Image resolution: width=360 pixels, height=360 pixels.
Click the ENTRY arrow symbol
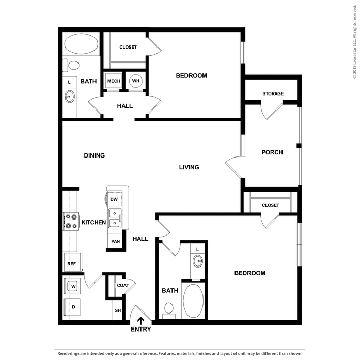[140, 321]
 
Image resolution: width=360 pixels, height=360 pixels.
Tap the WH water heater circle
[136, 81]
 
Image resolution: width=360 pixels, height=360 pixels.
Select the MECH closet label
[114, 81]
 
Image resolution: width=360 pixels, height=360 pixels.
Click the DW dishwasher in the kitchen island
[114, 199]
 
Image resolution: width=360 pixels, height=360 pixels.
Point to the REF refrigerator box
[72, 262]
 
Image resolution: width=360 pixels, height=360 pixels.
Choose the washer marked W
[72, 286]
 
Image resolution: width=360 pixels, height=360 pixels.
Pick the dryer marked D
[72, 307]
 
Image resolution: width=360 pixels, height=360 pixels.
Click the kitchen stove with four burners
[71, 222]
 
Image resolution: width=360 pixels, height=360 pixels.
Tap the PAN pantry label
[116, 241]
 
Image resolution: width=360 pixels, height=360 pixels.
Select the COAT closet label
[123, 285]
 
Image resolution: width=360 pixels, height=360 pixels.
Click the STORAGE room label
[273, 93]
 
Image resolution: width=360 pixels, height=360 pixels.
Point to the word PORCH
[272, 152]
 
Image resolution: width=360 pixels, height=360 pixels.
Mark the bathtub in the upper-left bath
[81, 44]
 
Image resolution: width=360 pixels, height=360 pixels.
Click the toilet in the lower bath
[169, 310]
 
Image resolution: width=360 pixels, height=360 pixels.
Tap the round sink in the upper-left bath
[69, 97]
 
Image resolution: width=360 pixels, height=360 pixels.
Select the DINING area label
[95, 155]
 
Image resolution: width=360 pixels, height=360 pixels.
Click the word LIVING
[189, 167]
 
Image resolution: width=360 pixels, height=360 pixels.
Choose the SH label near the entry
[118, 310]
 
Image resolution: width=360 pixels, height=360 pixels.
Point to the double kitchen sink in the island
[115, 218]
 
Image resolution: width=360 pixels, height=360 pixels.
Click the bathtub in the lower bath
[193, 301]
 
